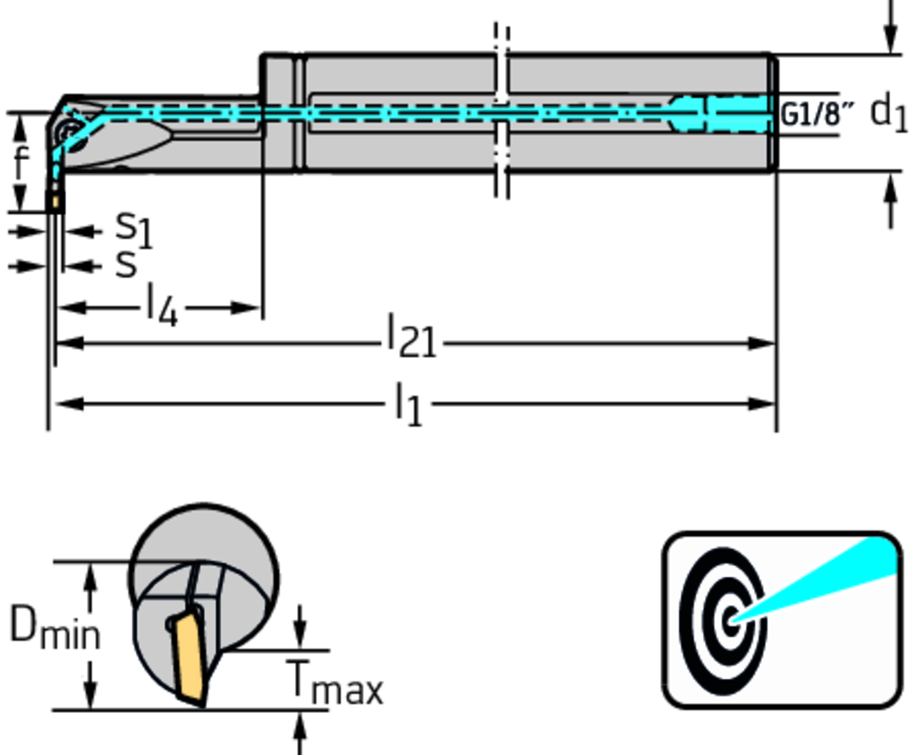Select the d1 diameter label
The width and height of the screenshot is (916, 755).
[888, 113]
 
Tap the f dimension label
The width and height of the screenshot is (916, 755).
[20, 163]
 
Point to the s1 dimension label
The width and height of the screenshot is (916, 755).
[133, 229]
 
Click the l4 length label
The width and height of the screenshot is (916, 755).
[162, 307]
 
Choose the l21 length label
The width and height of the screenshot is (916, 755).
[411, 341]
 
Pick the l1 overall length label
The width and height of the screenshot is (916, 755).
[408, 404]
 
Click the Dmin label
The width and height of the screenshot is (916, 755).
[54, 627]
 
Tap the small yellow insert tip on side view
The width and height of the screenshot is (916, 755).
[55, 203]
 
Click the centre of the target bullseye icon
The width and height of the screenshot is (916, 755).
[732, 618]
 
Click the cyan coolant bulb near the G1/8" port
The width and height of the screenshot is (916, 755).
[689, 114]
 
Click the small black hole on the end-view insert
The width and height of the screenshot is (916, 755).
[171, 624]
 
